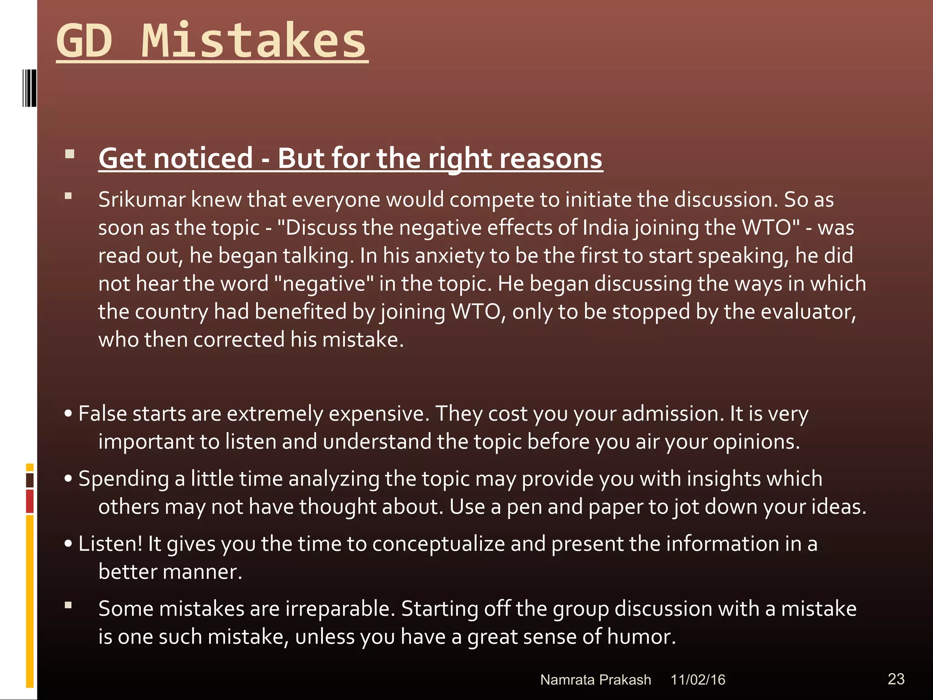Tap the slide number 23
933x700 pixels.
click(896, 679)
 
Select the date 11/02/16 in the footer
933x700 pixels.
click(697, 680)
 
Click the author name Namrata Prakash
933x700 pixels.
click(595, 680)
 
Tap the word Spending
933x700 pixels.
click(123, 479)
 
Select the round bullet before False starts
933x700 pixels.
click(68, 414)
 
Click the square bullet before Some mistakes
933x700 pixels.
click(68, 606)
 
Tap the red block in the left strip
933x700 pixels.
click(30, 501)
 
